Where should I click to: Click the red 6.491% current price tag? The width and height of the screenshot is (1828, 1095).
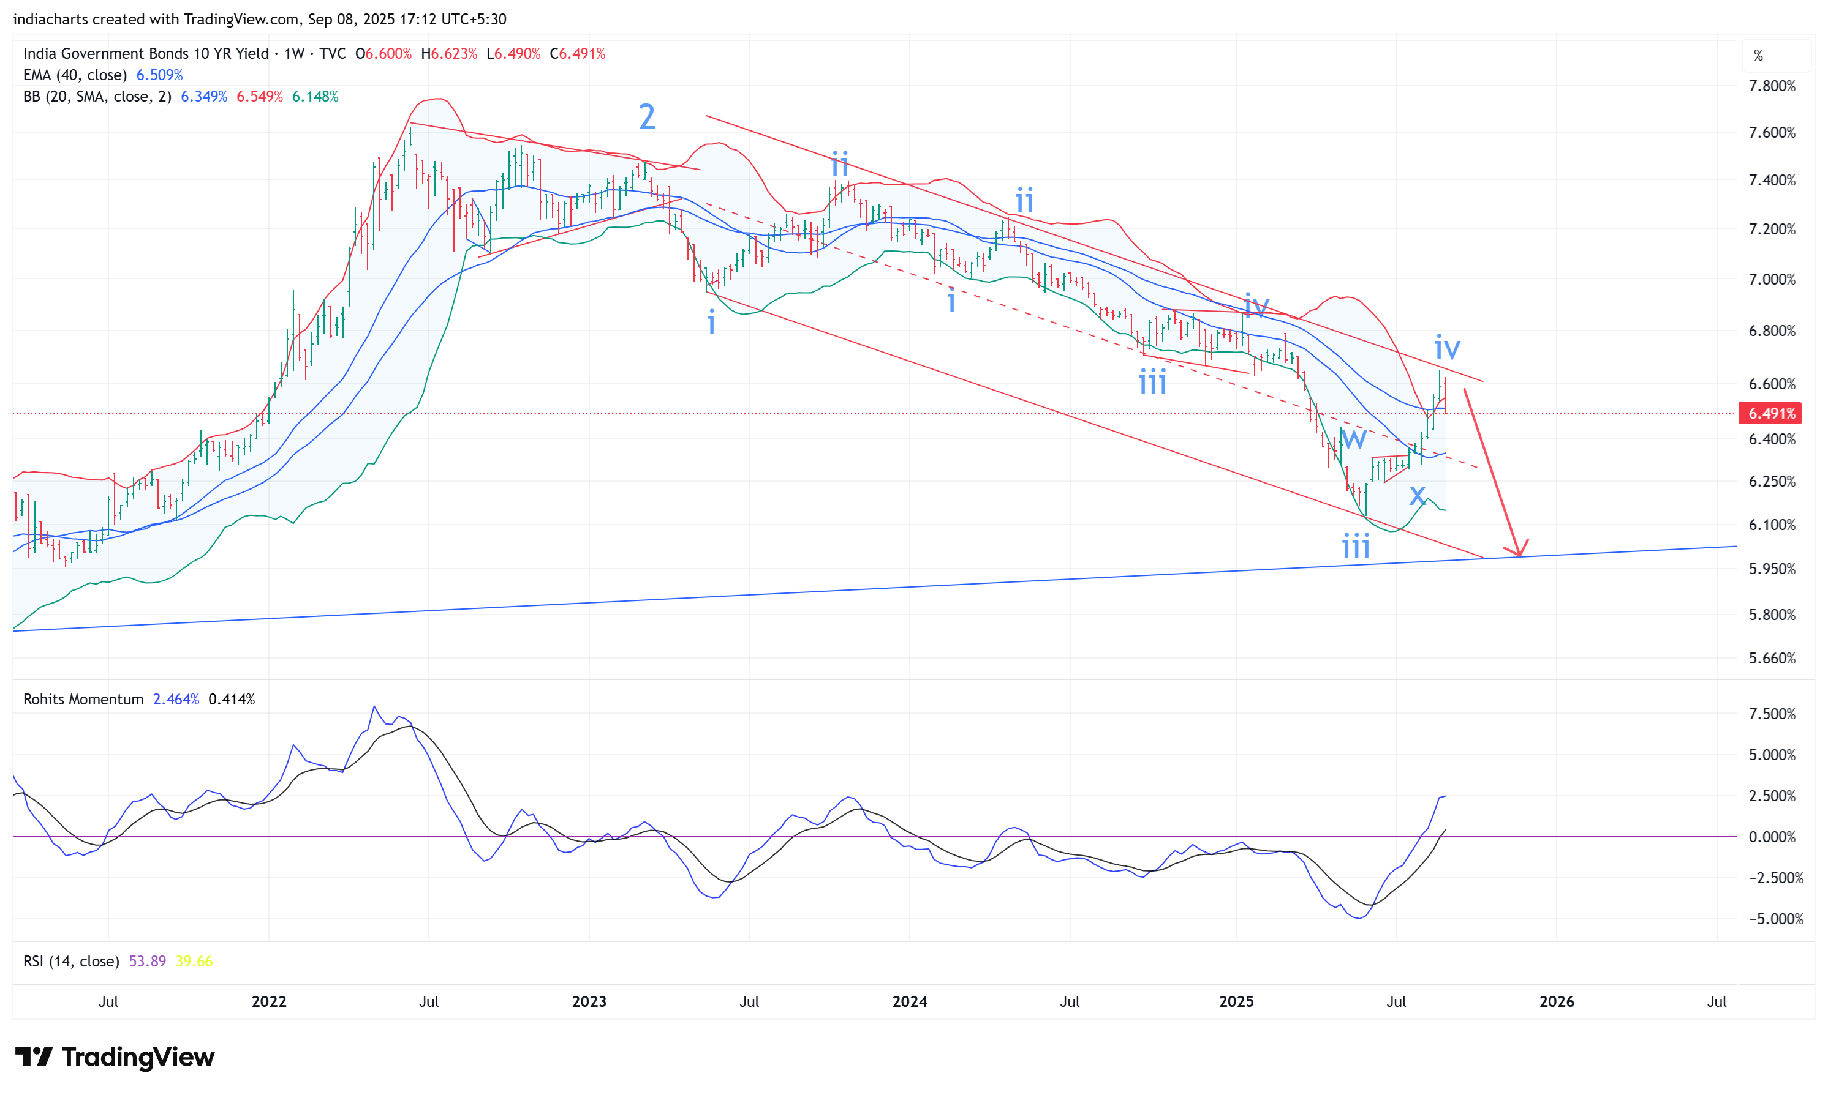coord(1770,413)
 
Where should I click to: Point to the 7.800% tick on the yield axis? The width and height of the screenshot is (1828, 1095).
coord(1771,86)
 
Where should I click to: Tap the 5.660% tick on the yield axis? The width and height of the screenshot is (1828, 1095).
coord(1771,658)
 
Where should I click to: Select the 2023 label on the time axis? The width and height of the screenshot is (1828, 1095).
coord(589,1001)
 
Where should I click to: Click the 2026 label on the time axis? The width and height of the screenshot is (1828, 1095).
coord(1555,1001)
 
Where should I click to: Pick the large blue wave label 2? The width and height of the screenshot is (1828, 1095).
coord(646,116)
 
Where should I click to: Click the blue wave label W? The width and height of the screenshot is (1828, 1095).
coord(1353,439)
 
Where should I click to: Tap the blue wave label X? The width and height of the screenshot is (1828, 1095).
coord(1417,495)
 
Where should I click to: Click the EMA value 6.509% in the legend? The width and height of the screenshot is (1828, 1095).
coord(159,75)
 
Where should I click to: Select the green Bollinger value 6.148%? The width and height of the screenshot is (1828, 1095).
coord(315,97)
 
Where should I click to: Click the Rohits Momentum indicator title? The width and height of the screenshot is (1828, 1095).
coord(83,700)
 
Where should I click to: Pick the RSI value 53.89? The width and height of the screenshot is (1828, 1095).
coord(147,961)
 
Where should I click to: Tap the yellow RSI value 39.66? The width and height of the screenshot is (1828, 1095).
coord(194,961)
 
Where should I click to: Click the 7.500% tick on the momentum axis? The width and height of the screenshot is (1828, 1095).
coord(1771,714)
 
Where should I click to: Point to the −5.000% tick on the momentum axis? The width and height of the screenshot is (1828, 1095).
coord(1775,919)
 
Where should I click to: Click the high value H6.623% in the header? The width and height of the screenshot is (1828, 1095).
coord(449,54)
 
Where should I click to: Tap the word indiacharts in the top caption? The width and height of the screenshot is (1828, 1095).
coord(47,19)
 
